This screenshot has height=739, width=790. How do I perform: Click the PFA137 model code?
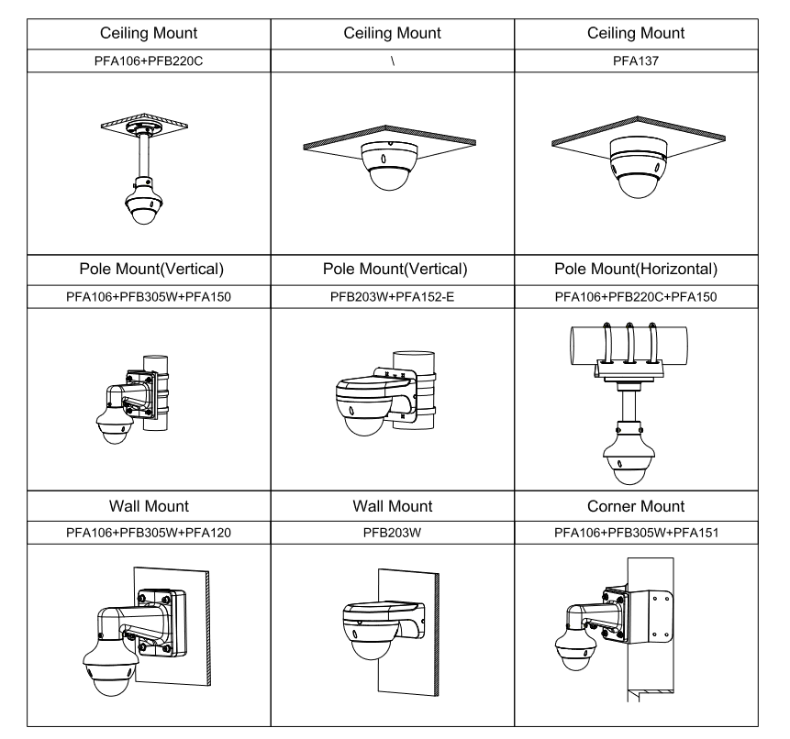635,61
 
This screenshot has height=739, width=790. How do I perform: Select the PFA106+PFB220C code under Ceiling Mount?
149,61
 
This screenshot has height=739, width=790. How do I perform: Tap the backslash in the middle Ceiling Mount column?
393,61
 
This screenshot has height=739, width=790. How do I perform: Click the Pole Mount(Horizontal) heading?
636,269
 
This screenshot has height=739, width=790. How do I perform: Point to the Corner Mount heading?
636,506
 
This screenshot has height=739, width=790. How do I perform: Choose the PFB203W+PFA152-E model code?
392,297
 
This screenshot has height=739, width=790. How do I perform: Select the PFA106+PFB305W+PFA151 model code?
637,533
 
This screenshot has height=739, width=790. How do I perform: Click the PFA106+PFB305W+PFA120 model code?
149,533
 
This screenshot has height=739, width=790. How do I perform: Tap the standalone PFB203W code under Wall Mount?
392,533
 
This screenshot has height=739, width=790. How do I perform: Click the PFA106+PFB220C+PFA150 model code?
636,297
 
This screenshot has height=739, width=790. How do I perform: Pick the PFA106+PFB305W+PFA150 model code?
149,297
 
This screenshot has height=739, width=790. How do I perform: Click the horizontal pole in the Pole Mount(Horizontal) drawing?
629,346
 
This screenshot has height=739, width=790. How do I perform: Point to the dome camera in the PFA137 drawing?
639,167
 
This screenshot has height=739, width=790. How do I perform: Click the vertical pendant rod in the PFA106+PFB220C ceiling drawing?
144,155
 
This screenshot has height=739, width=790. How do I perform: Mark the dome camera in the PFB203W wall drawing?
372,632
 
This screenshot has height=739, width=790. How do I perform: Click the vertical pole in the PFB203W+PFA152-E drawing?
414,391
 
